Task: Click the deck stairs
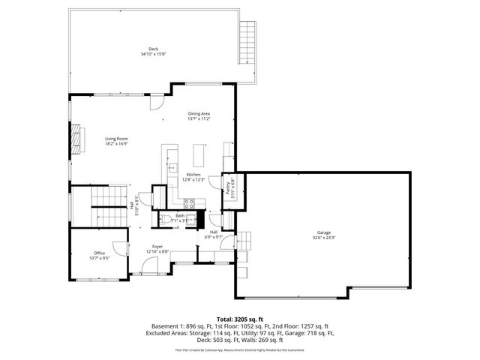pos(248,43)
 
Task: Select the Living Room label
pos(116,139)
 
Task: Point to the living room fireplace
pos(75,139)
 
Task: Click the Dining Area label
pos(199,113)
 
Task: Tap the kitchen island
pos(199,155)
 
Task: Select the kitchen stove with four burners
pos(189,202)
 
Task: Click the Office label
pos(99,253)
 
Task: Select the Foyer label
pos(157,246)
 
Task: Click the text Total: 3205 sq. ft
pos(240,319)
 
